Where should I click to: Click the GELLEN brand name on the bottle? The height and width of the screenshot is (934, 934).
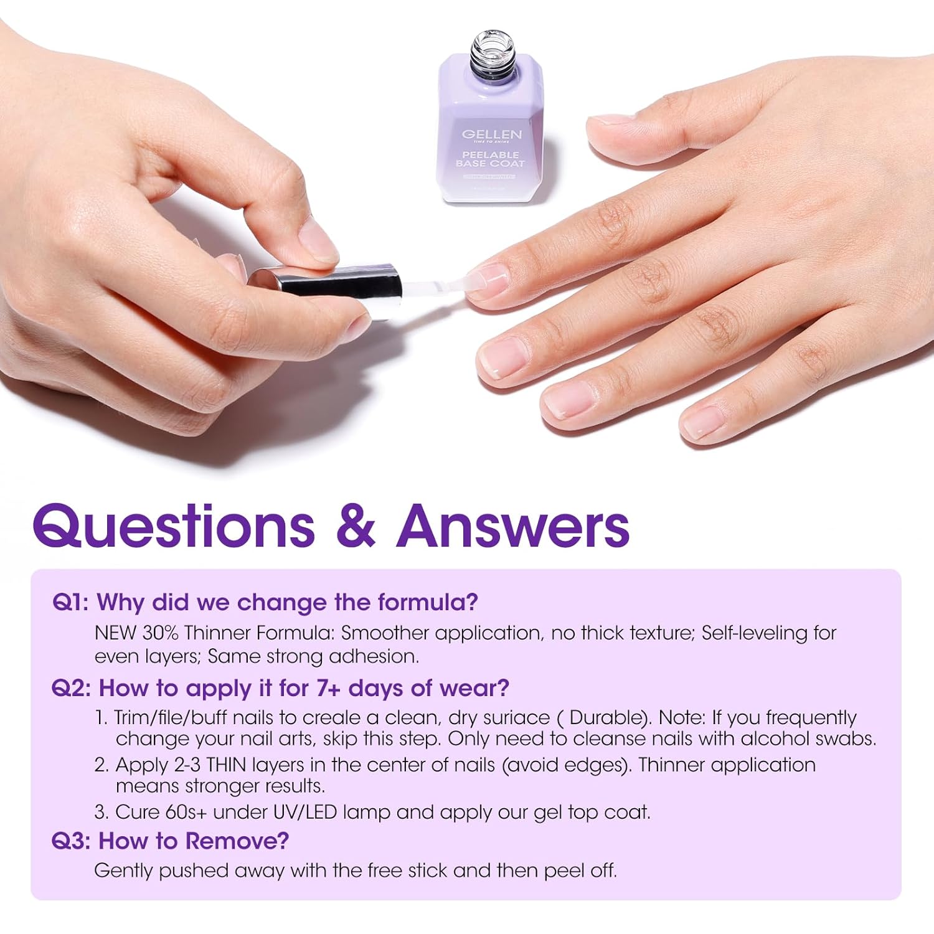click(x=491, y=134)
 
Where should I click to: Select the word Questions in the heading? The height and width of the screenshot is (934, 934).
click(x=174, y=526)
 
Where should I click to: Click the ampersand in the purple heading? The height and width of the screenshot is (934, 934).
click(x=356, y=526)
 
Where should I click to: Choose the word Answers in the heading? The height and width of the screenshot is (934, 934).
click(x=513, y=526)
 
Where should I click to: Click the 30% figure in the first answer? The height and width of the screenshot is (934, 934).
click(x=161, y=633)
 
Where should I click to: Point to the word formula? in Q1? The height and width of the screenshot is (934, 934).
click(x=428, y=603)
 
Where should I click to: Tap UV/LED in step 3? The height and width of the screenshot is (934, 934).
click(x=301, y=813)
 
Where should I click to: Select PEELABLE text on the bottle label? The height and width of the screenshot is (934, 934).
click(x=491, y=154)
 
